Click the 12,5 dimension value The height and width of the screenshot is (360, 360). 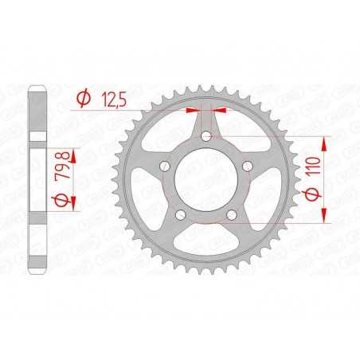click(x=115, y=100)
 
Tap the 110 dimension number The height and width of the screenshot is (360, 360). click(x=314, y=166)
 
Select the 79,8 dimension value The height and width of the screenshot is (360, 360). click(x=63, y=166)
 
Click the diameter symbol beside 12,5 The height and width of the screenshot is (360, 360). click(x=84, y=99)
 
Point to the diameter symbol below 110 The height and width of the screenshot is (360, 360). click(x=313, y=194)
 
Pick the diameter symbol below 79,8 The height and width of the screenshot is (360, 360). click(x=63, y=201)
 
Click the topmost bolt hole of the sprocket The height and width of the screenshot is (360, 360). click(x=206, y=137)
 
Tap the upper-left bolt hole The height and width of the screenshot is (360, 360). click(x=165, y=166)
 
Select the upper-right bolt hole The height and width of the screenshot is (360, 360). click(x=248, y=166)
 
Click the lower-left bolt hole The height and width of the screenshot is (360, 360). click(x=181, y=215)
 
